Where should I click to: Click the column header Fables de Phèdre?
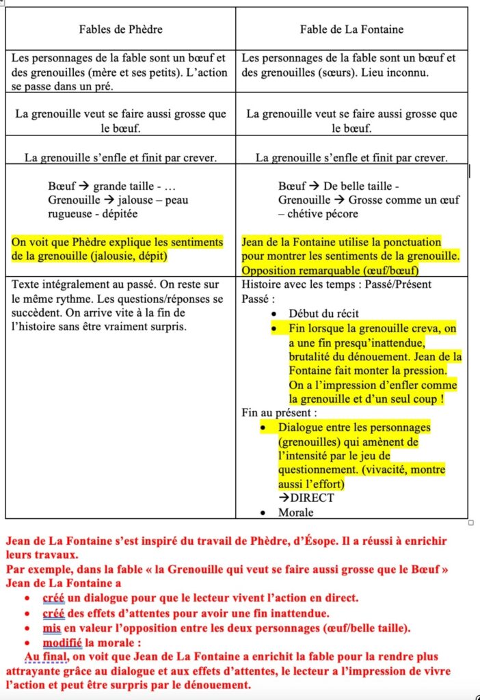pyautogui.click(x=120, y=29)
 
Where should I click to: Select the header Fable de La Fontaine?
pyautogui.click(x=351, y=29)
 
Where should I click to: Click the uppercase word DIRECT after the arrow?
pyautogui.click(x=312, y=498)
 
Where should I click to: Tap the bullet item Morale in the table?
pyautogui.click(x=295, y=512)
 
